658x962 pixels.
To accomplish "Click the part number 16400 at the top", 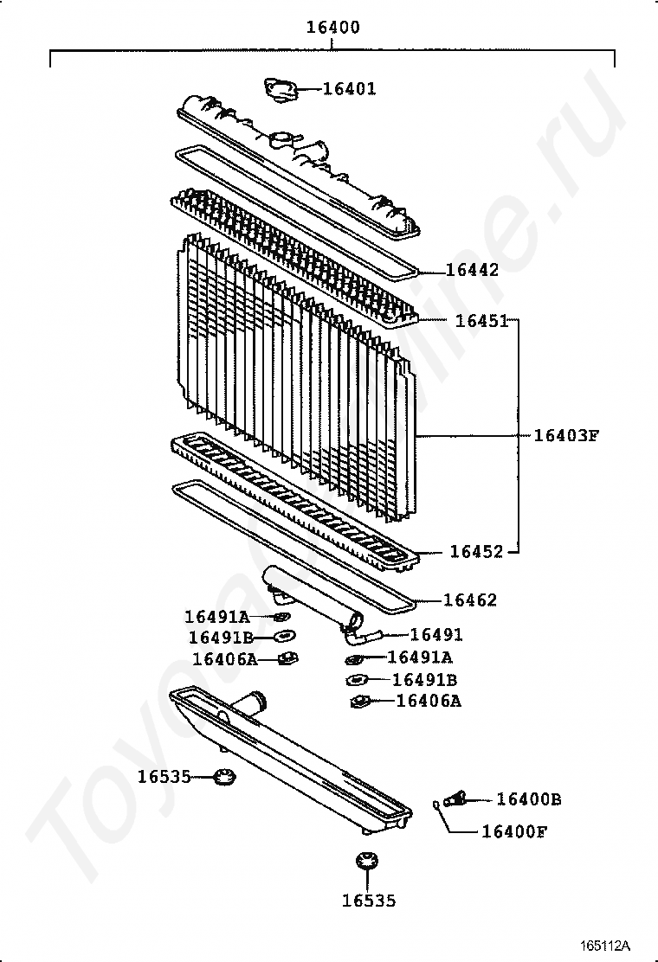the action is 332,28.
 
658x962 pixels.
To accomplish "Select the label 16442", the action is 472,270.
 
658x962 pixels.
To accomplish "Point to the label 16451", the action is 481,321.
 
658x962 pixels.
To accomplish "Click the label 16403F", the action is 565,435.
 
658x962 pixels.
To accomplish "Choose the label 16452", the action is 476,551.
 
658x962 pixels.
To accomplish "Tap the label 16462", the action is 470,600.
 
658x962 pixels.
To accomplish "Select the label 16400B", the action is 528,799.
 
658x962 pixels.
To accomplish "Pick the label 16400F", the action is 514,832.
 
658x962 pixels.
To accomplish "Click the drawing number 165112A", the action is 605,944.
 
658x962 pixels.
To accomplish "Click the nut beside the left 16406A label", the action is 288,659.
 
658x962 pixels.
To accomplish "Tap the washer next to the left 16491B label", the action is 283,638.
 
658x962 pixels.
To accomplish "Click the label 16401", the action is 350,88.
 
